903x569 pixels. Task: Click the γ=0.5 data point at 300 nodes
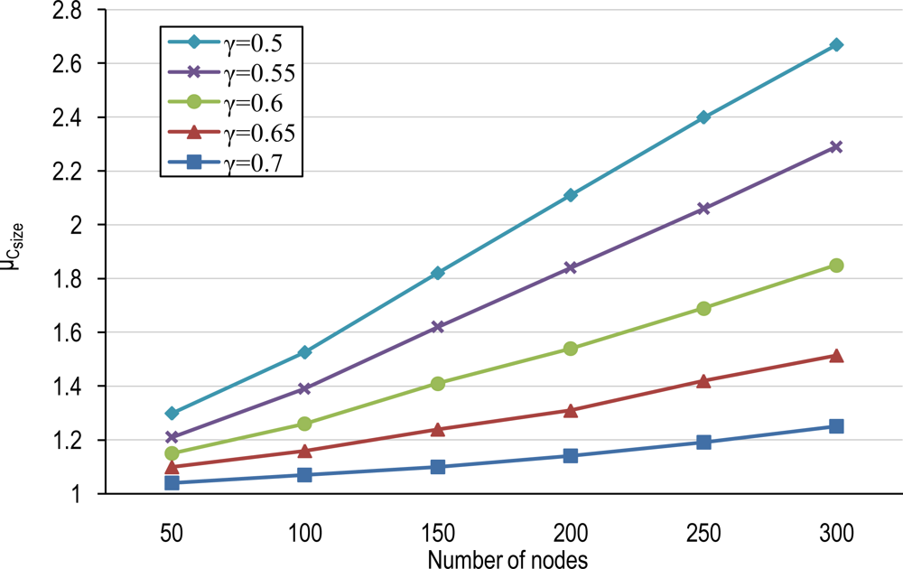pos(836,44)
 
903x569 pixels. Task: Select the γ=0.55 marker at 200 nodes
pos(571,267)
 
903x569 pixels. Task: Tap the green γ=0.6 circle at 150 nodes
pos(438,384)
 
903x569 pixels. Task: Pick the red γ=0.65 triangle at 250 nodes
pos(703,381)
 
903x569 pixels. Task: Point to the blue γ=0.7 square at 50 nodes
pos(172,483)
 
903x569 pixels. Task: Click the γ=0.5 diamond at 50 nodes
pos(172,413)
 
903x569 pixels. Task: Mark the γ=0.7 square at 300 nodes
pos(836,426)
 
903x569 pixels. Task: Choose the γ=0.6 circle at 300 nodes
pos(836,266)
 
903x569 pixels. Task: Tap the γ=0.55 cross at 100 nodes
pos(304,388)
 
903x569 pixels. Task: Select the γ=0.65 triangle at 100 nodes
pos(304,450)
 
